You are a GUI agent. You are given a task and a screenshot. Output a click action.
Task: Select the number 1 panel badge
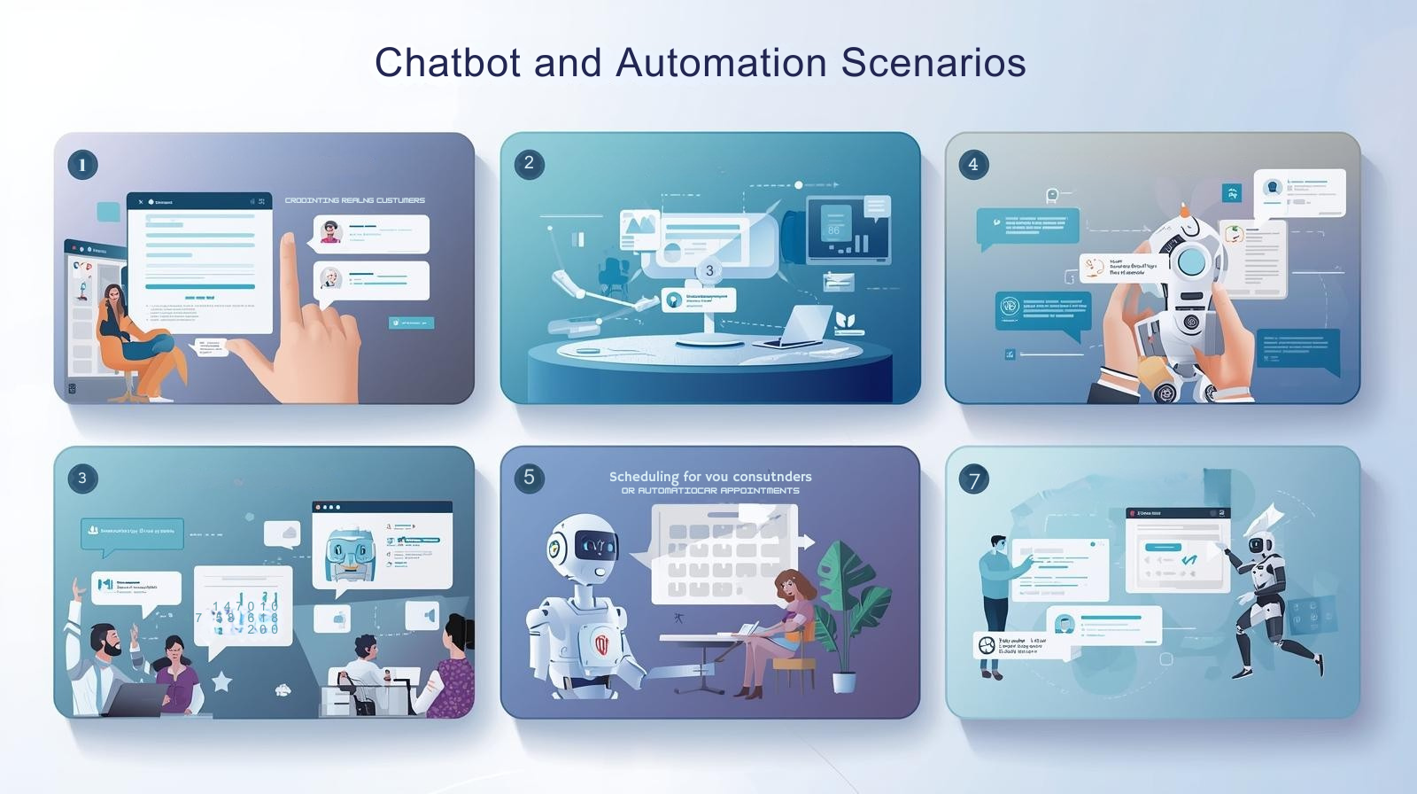pyautogui.click(x=82, y=165)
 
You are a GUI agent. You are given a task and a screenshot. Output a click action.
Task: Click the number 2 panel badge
pyautogui.click(x=529, y=163)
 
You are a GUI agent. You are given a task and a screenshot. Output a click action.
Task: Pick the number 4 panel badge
pyautogui.click(x=973, y=164)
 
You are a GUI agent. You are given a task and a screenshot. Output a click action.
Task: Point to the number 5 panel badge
pyautogui.click(x=529, y=478)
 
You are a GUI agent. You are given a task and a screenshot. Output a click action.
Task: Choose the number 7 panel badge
pyautogui.click(x=974, y=480)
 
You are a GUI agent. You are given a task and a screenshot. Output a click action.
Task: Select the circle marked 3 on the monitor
pyautogui.click(x=708, y=270)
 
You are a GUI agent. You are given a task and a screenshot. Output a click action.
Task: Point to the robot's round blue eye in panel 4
pyautogui.click(x=1193, y=261)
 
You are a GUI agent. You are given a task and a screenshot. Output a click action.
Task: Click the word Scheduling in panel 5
pyautogui.click(x=643, y=477)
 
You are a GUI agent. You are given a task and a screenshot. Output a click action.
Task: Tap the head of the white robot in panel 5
pyautogui.click(x=582, y=548)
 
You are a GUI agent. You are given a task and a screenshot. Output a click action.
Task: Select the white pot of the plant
pyautogui.click(x=844, y=681)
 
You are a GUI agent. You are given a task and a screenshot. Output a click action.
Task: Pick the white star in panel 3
pyautogui.click(x=221, y=681)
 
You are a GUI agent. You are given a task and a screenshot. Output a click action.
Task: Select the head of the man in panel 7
pyautogui.click(x=998, y=542)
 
